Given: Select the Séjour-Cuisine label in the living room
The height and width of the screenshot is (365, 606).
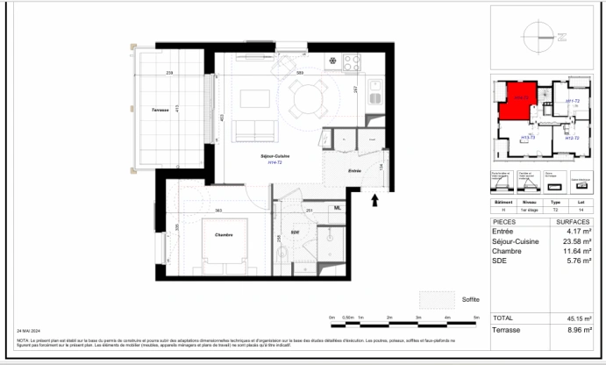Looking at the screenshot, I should [274, 156].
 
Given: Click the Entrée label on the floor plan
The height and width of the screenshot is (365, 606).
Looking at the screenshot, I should [355, 170].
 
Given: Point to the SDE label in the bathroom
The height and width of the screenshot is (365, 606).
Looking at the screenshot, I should [296, 233].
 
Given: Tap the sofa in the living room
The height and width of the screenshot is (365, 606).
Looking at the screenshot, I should [256, 130].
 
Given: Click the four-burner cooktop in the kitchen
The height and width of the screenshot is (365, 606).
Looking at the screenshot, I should [352, 62].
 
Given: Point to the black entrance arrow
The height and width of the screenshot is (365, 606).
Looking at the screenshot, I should [376, 201].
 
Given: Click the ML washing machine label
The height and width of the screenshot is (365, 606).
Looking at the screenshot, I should [337, 208].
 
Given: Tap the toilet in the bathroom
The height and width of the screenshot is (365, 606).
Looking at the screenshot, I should [287, 255].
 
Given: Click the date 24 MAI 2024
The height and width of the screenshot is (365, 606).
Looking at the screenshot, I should [31, 331].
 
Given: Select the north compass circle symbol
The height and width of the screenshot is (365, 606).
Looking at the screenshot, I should [536, 37].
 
